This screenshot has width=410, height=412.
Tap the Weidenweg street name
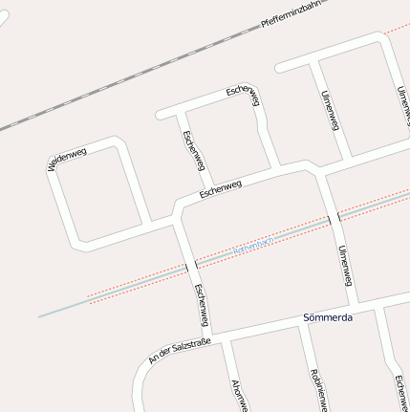pos(66,159)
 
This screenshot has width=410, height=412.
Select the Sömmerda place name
pos(327,317)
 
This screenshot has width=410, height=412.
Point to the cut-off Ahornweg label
pos(238,394)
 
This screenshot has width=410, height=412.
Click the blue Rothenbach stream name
pos(253,247)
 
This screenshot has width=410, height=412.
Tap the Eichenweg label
pos(399,392)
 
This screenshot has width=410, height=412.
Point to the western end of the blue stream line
pos(40,315)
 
